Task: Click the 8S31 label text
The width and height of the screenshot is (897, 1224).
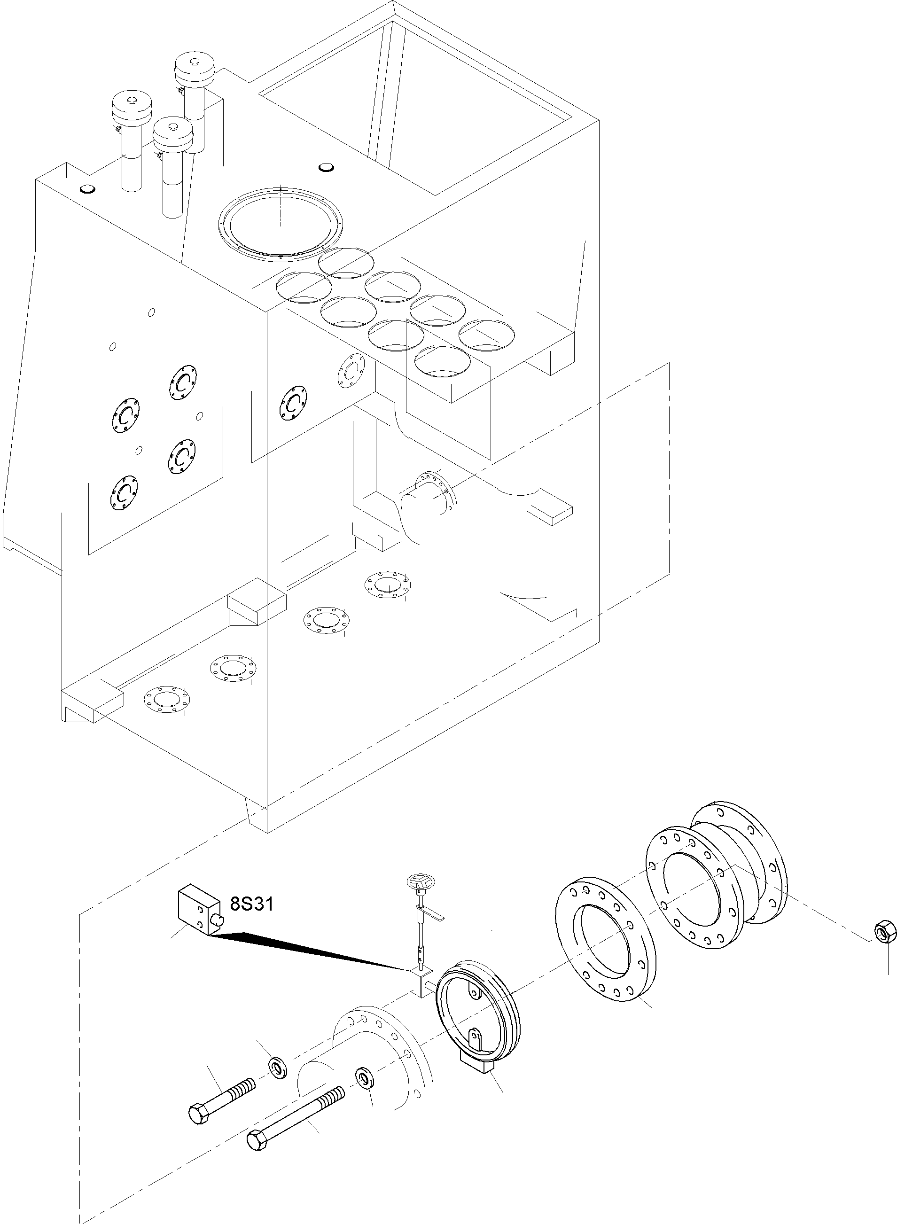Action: click(x=252, y=904)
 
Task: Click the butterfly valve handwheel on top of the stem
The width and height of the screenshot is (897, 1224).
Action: click(x=419, y=882)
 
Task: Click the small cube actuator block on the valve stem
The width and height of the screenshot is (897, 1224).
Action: click(x=421, y=981)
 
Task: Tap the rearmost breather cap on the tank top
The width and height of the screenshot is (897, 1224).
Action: click(x=195, y=68)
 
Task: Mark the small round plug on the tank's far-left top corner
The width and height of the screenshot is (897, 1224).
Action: click(x=87, y=189)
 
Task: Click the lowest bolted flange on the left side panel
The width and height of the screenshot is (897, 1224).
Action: click(x=123, y=493)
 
